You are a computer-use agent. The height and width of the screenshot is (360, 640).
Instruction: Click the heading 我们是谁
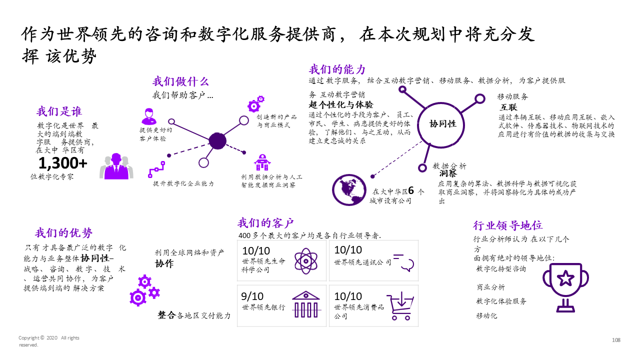tap(59, 111)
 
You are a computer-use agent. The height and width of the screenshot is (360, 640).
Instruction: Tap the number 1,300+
tap(63, 163)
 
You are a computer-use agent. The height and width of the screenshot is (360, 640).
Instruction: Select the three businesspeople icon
tap(116, 166)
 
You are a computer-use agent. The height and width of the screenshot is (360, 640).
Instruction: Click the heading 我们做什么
tap(180, 82)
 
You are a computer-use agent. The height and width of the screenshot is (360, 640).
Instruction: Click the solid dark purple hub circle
tap(217, 141)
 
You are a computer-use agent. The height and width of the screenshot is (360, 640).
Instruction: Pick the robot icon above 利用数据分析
tap(261, 162)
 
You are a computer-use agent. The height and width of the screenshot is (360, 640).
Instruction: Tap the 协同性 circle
tap(443, 123)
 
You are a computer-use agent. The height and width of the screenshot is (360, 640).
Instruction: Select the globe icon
tap(348, 190)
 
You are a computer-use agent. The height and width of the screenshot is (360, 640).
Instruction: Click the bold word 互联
tap(508, 107)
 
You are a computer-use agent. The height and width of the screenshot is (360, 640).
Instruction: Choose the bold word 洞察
tap(448, 174)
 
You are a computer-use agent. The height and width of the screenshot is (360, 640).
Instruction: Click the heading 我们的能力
tap(337, 69)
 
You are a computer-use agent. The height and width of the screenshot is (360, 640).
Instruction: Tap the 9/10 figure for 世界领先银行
tap(252, 296)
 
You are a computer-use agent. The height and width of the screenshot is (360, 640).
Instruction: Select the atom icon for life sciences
tap(303, 261)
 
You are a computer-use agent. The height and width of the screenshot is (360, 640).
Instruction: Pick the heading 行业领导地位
tap(508, 225)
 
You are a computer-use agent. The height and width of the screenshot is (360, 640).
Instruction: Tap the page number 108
tap(616, 340)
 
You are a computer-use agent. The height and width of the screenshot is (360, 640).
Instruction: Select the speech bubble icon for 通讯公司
tap(404, 261)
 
